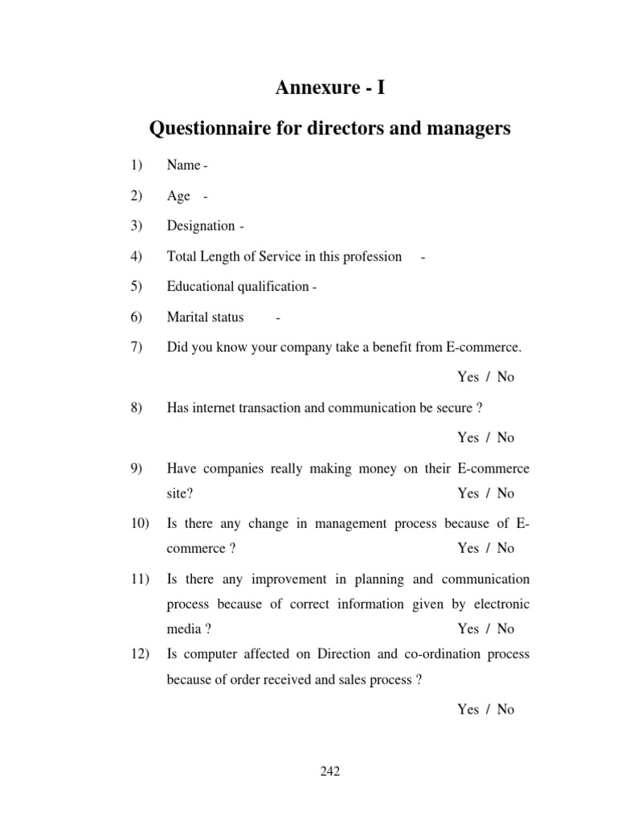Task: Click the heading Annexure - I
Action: click(x=329, y=88)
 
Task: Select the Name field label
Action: click(x=183, y=166)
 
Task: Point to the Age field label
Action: click(x=178, y=196)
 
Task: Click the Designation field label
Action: click(x=201, y=226)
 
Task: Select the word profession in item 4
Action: click(x=372, y=256)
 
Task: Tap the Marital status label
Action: click(x=205, y=317)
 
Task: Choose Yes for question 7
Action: click(x=468, y=377)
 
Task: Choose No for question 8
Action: click(x=505, y=438)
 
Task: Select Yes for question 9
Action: click(x=468, y=493)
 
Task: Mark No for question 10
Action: click(x=505, y=548)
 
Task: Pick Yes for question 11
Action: click(x=468, y=629)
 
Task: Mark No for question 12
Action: click(x=505, y=710)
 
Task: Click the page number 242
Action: click(x=330, y=772)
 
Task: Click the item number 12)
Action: click(x=130, y=654)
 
